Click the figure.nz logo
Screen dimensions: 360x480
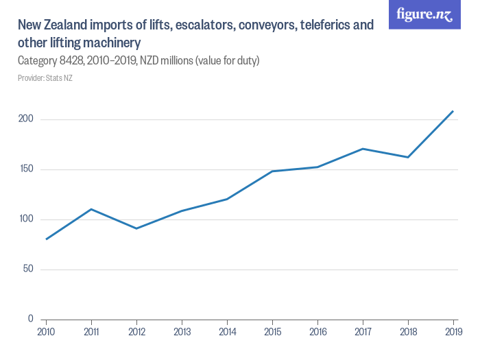tap(424, 14)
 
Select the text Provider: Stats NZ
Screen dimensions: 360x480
tap(45, 78)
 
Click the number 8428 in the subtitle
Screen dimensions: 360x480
tap(91, 61)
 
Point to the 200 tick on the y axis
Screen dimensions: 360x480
tap(26, 119)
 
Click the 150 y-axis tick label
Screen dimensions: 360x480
tap(26, 169)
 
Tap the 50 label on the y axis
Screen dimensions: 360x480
tap(28, 269)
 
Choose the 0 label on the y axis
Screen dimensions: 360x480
tap(31, 319)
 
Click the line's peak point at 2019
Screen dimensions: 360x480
tap(453, 111)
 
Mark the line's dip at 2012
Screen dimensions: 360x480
tap(136, 228)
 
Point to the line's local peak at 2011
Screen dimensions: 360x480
tap(91, 209)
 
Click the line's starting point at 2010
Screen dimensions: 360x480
tap(46, 239)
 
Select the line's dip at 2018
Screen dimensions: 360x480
tap(408, 157)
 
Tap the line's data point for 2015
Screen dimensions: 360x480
tap(272, 171)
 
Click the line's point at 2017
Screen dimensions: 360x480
tap(363, 149)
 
